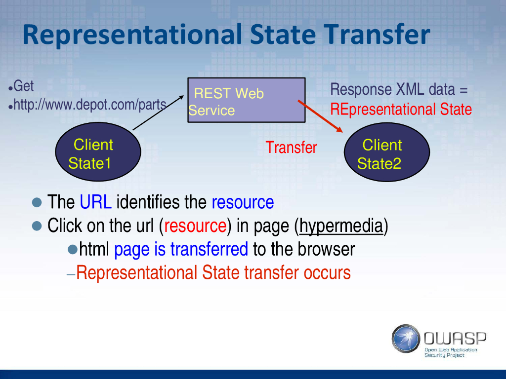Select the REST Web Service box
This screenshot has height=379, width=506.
247,100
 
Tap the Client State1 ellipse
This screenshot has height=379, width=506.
98,152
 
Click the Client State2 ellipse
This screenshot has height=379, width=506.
387,152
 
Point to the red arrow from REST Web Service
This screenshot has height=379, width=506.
320,116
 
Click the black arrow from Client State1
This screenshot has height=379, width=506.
158,113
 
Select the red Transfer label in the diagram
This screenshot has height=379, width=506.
292,148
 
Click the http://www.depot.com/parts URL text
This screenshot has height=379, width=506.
90,105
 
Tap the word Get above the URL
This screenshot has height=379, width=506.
23,86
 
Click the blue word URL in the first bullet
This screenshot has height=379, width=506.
95,202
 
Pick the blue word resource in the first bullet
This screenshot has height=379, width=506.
243,202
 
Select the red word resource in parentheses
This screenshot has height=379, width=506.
195,226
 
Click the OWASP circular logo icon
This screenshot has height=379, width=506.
406,339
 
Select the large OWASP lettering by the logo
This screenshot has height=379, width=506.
455,339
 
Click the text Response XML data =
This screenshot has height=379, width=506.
399,90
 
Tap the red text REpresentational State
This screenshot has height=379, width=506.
401,109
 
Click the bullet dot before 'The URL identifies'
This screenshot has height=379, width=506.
37,202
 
